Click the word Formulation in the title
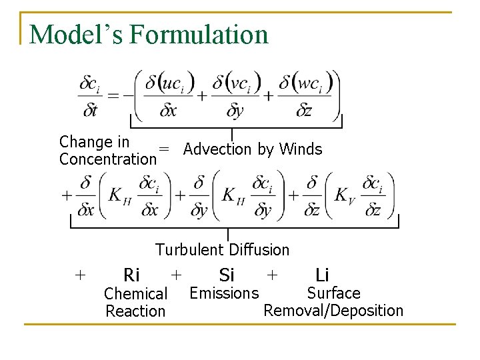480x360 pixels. coord(199,34)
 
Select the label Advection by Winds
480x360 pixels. coord(253,149)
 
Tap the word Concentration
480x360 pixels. coord(107,159)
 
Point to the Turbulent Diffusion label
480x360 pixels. coord(223,250)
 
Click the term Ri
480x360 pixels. coord(132,275)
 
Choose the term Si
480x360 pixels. coord(227,275)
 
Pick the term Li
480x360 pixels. coord(322,275)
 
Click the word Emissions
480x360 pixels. coord(225,293)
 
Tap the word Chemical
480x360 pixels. coord(136,294)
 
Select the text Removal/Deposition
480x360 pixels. coord(333,311)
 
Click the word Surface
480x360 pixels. coord(333,293)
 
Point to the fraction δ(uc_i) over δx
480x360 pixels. coord(169,95)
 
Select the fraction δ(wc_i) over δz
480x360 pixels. coord(303,95)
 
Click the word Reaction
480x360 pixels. coord(135,311)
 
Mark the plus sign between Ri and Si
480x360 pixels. coord(176,274)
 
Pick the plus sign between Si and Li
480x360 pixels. coord(271,274)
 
